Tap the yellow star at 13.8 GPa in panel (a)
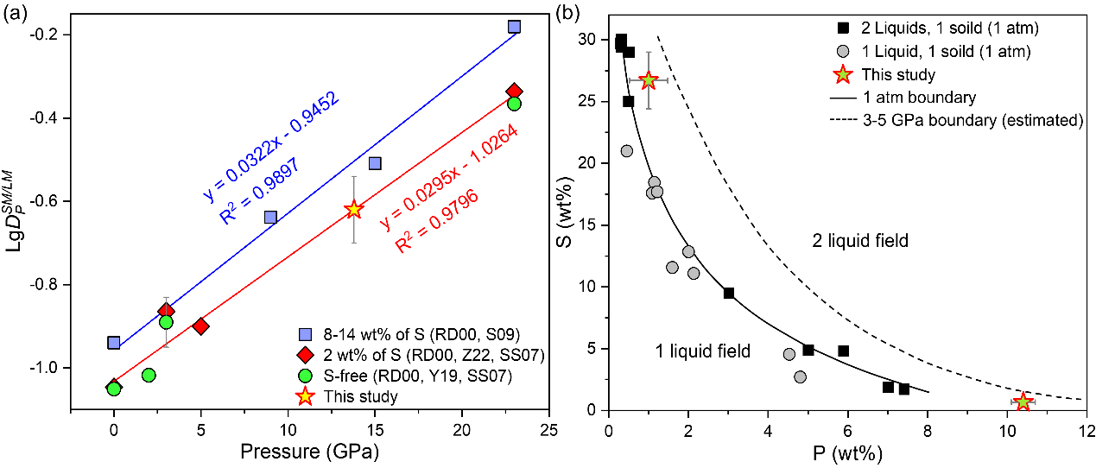pos(353,209)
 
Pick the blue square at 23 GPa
pos(514,27)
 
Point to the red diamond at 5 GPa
pos(201,326)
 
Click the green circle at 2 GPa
pos(149,375)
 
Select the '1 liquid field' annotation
pos(701,351)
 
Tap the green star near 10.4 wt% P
pos(1023,402)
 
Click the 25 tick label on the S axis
pos(592,102)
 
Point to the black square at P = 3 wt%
pos(729,294)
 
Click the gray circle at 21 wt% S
pos(627,151)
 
